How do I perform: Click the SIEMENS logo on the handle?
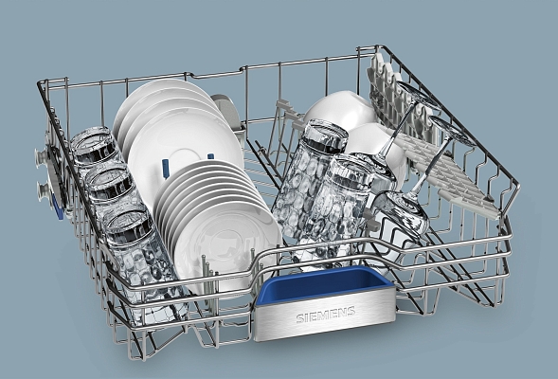(x=326, y=315)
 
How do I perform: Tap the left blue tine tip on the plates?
(x=166, y=168)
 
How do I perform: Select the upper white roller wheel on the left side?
(x=42, y=156)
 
